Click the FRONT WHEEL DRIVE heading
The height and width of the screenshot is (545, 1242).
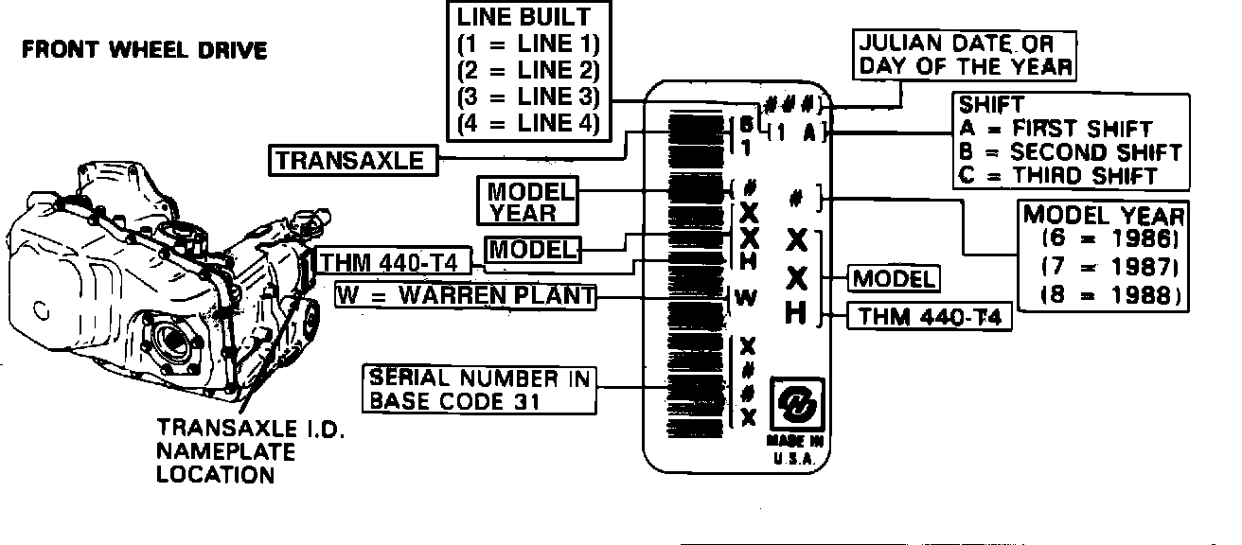[x=144, y=50]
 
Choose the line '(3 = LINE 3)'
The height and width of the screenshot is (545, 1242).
[x=528, y=97]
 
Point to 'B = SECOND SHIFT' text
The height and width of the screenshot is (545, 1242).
[x=1070, y=151]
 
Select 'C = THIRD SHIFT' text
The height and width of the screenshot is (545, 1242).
[x=1057, y=175]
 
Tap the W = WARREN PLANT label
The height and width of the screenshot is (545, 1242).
[x=467, y=295]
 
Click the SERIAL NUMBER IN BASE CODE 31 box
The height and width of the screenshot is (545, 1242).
[x=479, y=389]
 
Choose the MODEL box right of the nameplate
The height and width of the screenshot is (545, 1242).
[x=895, y=279]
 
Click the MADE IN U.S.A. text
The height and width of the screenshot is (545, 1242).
[x=795, y=449]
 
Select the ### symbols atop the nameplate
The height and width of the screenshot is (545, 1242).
[x=797, y=103]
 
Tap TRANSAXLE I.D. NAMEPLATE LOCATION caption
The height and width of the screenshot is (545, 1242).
[x=248, y=452]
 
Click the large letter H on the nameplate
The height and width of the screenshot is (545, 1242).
[x=797, y=313]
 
